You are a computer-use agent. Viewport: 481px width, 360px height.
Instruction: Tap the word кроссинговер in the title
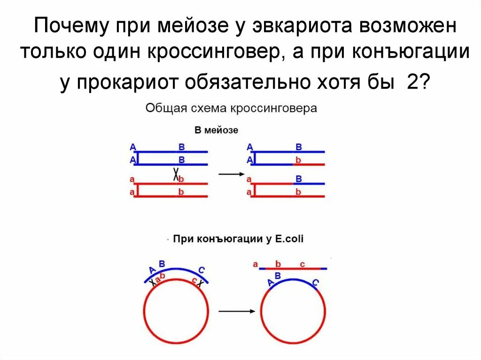(x=208, y=52)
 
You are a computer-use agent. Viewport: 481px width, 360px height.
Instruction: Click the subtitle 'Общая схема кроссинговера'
(x=231, y=108)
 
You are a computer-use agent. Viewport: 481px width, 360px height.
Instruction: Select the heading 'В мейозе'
(x=217, y=130)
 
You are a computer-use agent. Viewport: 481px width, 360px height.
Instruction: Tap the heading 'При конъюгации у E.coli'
(x=239, y=239)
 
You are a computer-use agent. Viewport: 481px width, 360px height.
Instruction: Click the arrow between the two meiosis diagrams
(x=232, y=174)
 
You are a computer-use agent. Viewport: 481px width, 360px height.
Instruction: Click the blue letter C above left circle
(x=201, y=270)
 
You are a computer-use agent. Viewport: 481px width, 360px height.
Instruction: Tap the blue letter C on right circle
(x=315, y=283)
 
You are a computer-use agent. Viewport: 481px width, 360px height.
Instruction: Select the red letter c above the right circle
(x=302, y=264)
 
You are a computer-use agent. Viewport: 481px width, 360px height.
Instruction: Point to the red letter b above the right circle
(x=278, y=264)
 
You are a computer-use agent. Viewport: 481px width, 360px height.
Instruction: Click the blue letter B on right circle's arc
(x=278, y=276)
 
